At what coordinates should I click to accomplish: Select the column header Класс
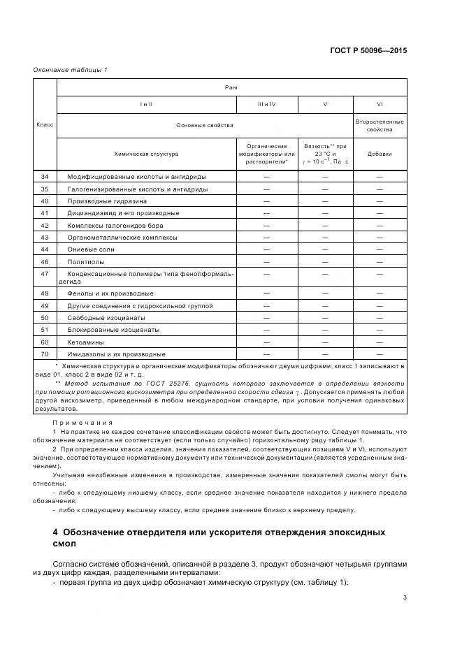point(45,124)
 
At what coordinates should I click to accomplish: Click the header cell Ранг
point(231,87)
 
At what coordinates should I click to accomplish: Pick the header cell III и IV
point(266,104)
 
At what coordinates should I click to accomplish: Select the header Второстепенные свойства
point(379,125)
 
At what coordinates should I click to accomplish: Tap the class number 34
point(45,177)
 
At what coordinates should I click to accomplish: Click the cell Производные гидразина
point(106,201)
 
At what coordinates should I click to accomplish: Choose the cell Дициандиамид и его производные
point(123,212)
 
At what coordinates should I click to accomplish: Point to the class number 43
point(45,237)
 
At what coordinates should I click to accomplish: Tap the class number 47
point(45,274)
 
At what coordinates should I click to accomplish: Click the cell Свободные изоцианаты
point(107,317)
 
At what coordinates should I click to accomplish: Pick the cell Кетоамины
point(86,342)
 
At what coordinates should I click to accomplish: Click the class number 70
point(45,354)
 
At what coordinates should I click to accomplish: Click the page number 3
point(405,597)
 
